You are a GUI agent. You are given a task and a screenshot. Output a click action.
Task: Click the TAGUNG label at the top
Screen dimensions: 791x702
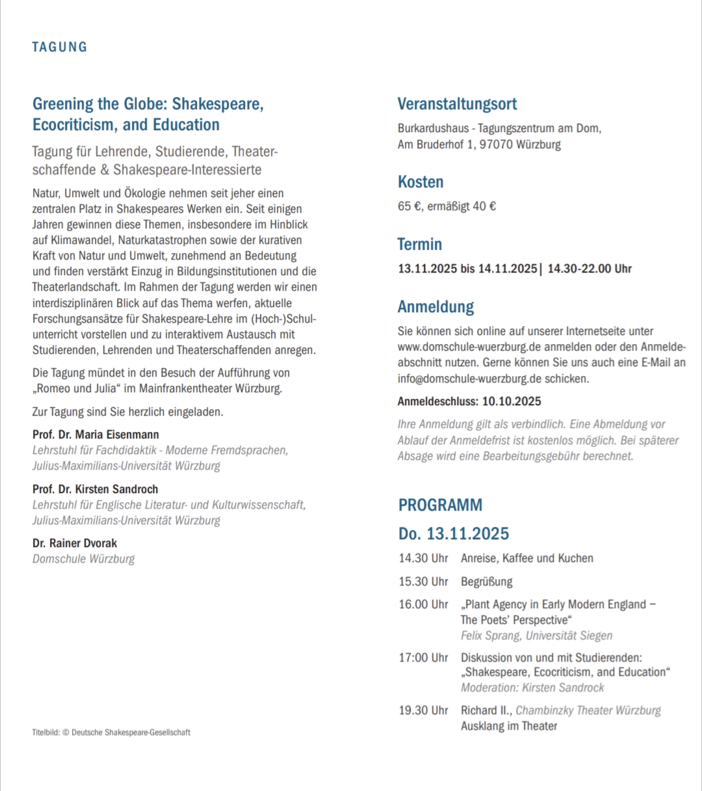coord(59,47)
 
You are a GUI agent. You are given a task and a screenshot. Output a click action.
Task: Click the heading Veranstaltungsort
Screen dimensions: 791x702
coord(457,104)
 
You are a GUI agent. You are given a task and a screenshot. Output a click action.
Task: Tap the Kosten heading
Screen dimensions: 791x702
coord(420,182)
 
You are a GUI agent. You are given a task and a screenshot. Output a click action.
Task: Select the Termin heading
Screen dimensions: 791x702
coord(419,245)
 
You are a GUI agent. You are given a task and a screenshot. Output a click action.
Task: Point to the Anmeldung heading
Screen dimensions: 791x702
coord(435,307)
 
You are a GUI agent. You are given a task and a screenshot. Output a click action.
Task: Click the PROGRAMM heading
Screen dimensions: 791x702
coord(440,505)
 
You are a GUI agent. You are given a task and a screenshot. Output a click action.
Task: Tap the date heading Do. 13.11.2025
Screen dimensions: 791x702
coord(453,534)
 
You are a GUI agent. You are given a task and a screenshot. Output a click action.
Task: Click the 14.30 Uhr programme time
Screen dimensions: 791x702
coord(423,558)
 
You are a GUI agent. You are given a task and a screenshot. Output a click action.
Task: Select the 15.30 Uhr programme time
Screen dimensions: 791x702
coord(423,582)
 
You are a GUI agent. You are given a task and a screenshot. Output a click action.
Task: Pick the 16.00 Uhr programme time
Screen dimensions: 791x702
coord(423,604)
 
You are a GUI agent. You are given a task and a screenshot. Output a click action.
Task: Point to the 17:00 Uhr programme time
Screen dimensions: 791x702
coord(423,658)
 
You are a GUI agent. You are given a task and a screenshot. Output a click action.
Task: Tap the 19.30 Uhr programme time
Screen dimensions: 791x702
coord(423,710)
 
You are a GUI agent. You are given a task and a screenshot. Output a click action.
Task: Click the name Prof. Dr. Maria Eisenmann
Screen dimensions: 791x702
coord(96,435)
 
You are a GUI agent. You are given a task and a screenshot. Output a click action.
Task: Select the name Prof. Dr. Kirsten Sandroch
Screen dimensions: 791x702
coord(96,489)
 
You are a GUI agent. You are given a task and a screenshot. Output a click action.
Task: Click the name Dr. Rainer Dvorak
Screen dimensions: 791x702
coord(75,543)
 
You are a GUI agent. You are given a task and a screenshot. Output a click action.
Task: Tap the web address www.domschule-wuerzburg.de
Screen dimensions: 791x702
coord(469,347)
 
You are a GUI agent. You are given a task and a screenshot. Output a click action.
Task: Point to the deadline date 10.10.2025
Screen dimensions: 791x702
coord(512,401)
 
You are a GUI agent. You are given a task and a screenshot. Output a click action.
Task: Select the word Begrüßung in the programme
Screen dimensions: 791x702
coord(486,582)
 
